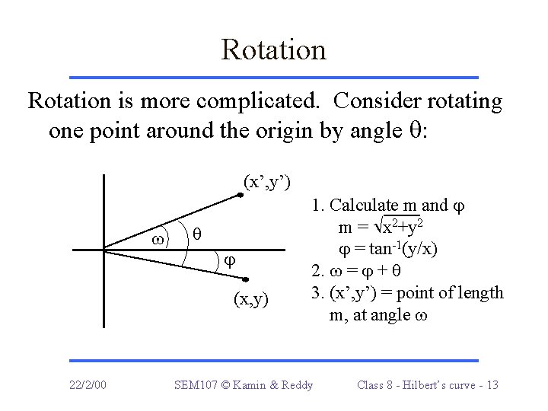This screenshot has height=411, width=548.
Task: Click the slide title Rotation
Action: point(273,50)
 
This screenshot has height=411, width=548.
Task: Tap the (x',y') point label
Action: point(266,182)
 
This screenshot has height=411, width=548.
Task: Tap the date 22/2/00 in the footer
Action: point(85,384)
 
